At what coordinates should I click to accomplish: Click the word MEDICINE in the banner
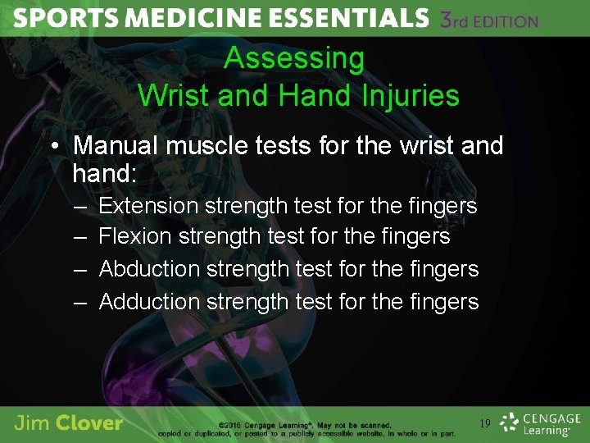(x=170, y=19)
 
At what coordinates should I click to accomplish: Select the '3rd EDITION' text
(x=489, y=21)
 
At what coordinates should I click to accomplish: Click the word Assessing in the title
(x=294, y=58)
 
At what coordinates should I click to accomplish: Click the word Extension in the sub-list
(x=148, y=205)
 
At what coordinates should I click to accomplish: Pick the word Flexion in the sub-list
(x=135, y=236)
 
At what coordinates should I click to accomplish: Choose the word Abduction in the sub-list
(x=150, y=268)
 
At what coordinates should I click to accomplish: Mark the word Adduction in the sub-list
(x=150, y=301)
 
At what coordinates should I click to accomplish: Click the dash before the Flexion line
(x=80, y=237)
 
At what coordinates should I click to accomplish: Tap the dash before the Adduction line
(x=80, y=302)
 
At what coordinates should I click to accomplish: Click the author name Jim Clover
(x=69, y=423)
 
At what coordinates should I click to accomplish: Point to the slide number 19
(x=485, y=424)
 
